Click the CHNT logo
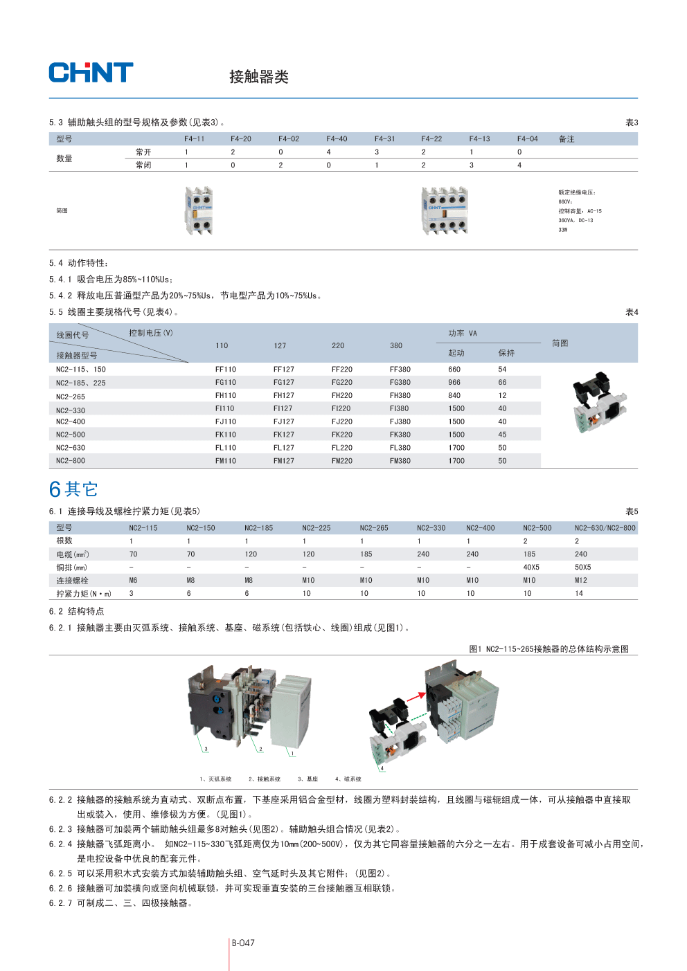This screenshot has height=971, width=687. (x=91, y=73)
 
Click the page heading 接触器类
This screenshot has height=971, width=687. (x=258, y=77)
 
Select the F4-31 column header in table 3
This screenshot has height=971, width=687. (x=384, y=139)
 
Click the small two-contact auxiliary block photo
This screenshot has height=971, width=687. (x=199, y=210)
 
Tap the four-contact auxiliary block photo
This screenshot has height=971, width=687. (x=445, y=210)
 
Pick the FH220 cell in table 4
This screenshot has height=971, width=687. (x=341, y=396)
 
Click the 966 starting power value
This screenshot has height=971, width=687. (x=454, y=383)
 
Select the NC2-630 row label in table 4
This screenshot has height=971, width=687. (x=71, y=448)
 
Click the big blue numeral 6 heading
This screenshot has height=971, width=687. (x=55, y=490)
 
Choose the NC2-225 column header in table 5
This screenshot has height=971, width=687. (x=316, y=528)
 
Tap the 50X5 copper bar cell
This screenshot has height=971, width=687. (x=582, y=568)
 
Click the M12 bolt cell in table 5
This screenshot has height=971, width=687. (x=580, y=581)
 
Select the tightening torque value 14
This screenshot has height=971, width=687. (x=579, y=594)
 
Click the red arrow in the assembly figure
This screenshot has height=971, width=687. (x=416, y=697)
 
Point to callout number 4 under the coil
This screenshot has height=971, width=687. (x=382, y=768)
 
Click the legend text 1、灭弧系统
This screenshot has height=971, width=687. (x=215, y=779)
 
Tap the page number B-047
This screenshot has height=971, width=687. (x=243, y=943)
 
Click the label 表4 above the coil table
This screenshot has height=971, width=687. (x=632, y=312)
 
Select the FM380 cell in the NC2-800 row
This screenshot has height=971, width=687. (x=400, y=461)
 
